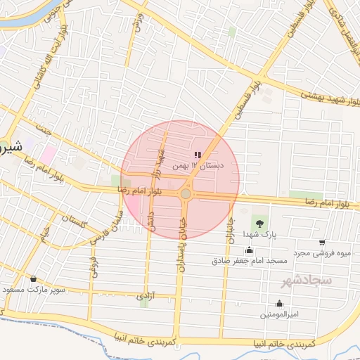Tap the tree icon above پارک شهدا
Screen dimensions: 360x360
tap(260, 222)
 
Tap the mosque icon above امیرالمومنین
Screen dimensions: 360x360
tap(280, 304)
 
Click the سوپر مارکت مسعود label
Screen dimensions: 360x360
tap(33, 289)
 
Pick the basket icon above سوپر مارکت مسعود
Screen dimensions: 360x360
tap(33, 278)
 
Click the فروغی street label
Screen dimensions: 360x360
tap(93, 266)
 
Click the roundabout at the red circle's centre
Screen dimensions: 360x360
tap(186, 193)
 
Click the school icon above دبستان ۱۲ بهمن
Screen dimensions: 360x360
tap(198, 155)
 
